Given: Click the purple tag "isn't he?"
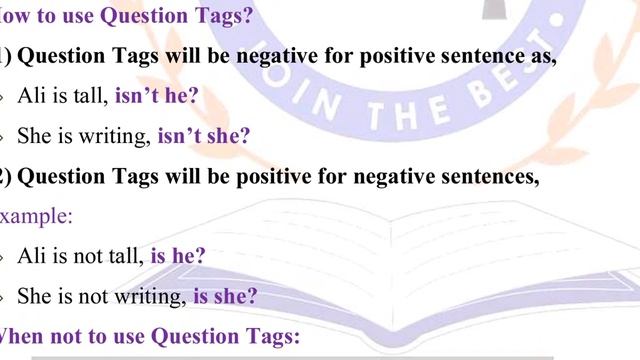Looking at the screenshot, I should tap(157, 96).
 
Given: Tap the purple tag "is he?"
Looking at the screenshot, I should tap(178, 256).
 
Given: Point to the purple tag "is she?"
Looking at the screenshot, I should tap(225, 297).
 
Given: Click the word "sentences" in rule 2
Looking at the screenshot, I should tap(496, 177).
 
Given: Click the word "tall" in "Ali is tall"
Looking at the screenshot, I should tap(91, 96).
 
